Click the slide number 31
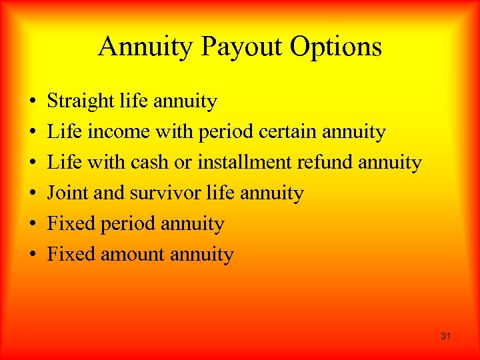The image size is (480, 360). tap(445, 337)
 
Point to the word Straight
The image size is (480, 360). tap(81, 101)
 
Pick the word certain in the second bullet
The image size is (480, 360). tap(286, 132)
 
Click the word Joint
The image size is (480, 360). tap(64, 193)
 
